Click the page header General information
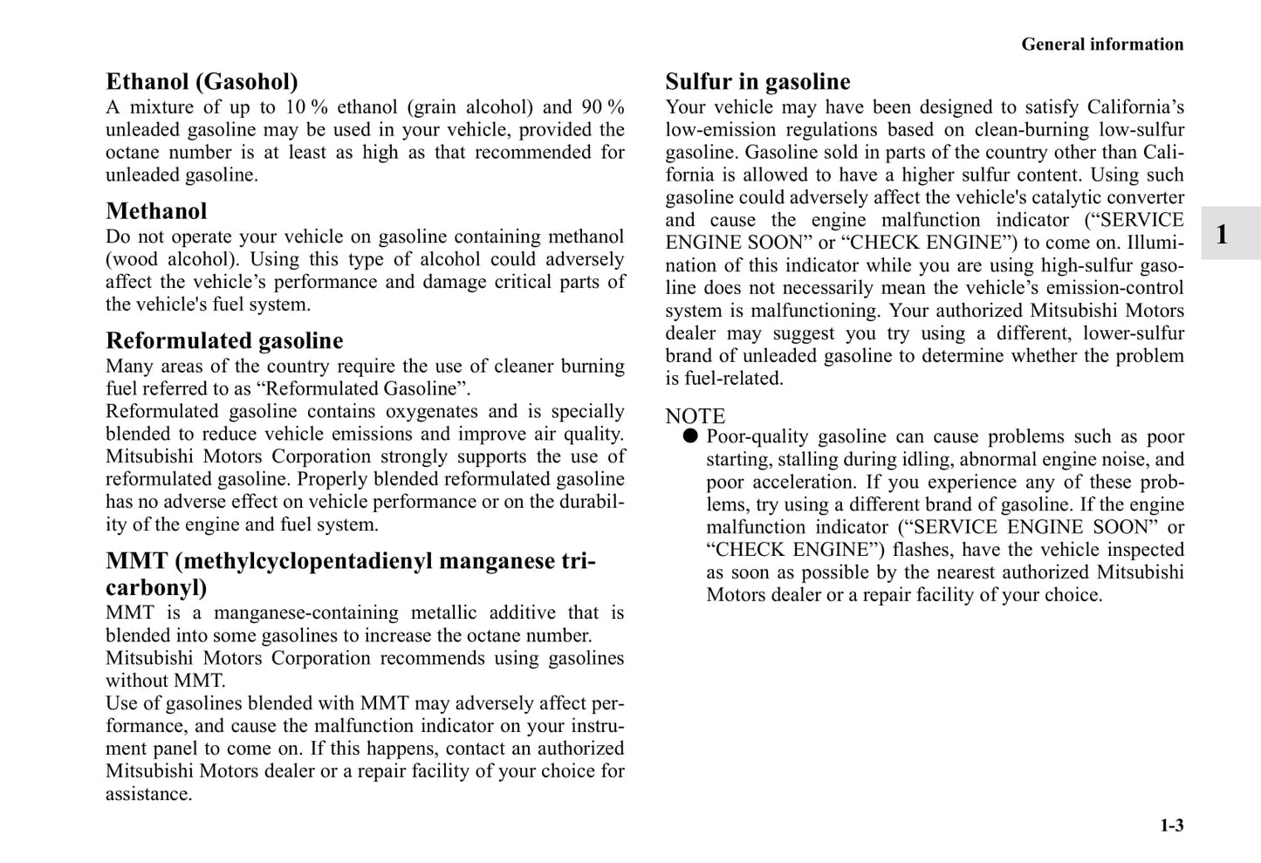[1102, 45]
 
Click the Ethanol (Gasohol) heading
[202, 82]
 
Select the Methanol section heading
[156, 211]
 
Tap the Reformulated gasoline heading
[224, 340]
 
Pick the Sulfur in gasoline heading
[757, 82]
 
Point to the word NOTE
[695, 416]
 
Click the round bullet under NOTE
[690, 436]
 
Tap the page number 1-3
[1171, 825]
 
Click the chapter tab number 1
[1222, 234]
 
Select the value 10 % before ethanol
[306, 107]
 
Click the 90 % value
[603, 107]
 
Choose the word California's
[1135, 107]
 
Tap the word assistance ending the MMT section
[148, 794]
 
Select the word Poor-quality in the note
[756, 436]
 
